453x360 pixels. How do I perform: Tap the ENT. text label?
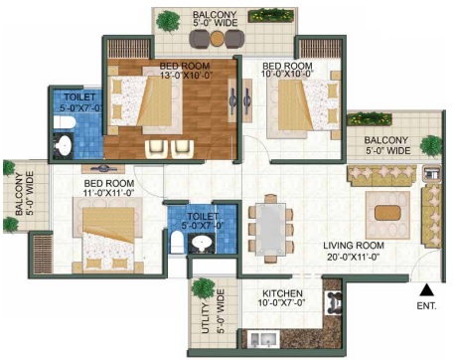point(426,306)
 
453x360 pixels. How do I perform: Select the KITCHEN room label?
point(282,293)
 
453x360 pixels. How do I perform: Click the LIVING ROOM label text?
point(354,246)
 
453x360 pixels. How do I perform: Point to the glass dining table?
point(271,229)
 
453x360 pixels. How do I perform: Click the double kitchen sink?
point(263,339)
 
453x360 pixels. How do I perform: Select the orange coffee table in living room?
point(387,213)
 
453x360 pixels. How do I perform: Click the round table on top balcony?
point(217,39)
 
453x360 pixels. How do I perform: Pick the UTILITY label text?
point(206,318)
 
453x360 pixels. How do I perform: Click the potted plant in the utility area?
point(203,288)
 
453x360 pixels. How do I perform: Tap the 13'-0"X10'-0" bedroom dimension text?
point(186,76)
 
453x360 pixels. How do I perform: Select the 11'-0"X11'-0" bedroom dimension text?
point(109,193)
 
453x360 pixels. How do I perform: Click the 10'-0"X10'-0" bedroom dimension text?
point(287,74)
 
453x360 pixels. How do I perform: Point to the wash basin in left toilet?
point(64,144)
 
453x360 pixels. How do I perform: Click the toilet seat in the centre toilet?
point(178,242)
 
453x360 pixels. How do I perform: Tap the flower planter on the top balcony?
point(271,16)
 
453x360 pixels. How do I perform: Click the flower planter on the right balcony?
point(370,119)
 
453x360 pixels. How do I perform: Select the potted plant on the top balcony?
point(169,22)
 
